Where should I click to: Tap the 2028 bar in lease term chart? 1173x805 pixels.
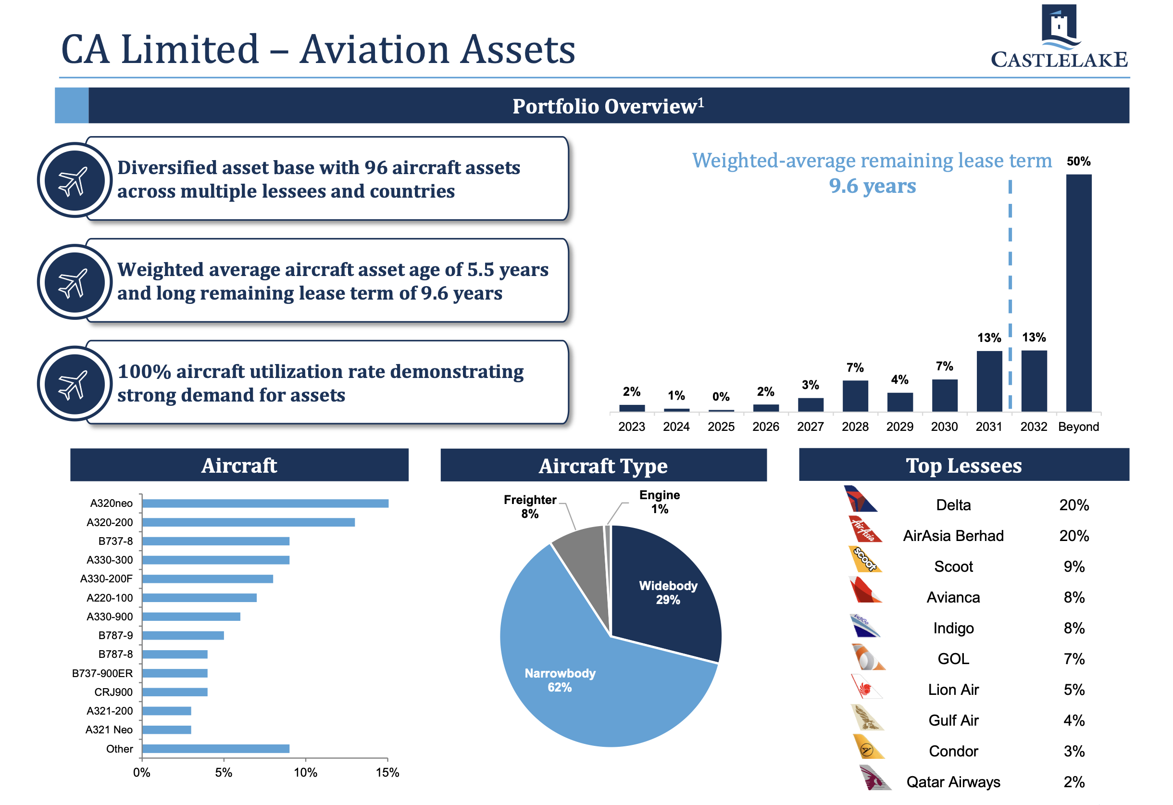tap(855, 396)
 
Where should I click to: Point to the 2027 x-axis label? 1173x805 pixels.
tap(810, 427)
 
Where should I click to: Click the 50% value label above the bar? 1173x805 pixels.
tap(1078, 162)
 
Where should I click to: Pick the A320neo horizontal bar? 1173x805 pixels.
tap(265, 503)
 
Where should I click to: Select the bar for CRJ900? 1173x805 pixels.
tap(175, 692)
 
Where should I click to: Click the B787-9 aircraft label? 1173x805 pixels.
tap(115, 635)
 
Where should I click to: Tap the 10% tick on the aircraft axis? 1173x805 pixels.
tap(305, 773)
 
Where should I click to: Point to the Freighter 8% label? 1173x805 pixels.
tap(530, 506)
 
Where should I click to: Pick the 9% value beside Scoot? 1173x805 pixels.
tap(1073, 566)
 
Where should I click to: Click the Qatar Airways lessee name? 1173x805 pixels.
tap(953, 782)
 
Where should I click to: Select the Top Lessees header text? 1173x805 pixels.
tap(963, 465)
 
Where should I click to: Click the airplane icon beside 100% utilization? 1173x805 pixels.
tap(74, 384)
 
